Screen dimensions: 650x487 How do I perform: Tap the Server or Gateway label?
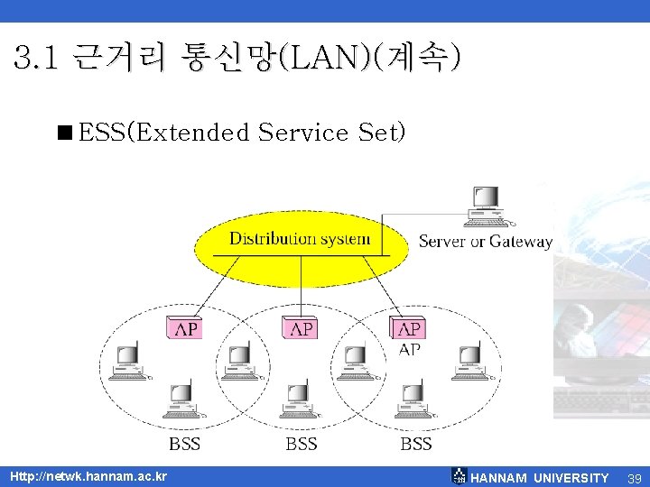(485, 242)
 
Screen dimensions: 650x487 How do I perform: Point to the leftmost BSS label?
(185, 444)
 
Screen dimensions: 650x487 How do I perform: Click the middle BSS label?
(302, 444)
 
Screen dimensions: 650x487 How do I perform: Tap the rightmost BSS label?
(416, 444)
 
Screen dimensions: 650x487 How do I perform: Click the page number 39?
(635, 478)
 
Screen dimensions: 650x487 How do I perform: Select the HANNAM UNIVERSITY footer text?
(540, 478)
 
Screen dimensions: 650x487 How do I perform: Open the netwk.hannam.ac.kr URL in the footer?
(88, 476)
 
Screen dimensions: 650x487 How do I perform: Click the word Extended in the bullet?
(192, 133)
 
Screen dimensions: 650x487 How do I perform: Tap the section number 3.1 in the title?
(37, 60)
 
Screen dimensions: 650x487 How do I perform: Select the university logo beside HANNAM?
(459, 477)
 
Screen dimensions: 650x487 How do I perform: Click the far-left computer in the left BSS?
(124, 361)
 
